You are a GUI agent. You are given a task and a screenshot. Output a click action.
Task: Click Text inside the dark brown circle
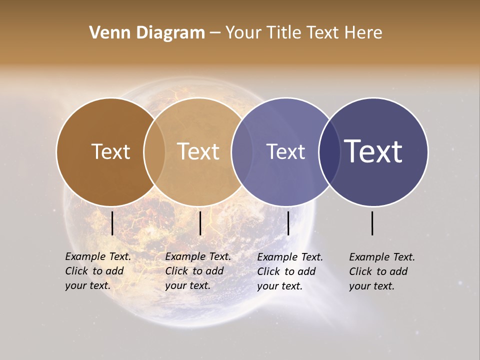(x=110, y=151)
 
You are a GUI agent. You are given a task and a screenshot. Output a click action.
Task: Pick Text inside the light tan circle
(x=198, y=151)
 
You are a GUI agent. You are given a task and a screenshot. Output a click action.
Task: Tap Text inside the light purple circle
(x=285, y=151)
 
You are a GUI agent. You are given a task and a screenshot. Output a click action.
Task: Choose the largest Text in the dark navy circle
(x=373, y=151)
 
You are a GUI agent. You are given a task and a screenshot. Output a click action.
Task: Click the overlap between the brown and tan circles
(x=154, y=151)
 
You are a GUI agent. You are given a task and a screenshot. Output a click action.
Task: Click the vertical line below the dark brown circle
(x=112, y=223)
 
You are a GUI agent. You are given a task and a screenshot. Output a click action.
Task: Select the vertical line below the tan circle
(x=200, y=223)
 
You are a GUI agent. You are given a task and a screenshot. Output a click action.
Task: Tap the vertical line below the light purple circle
(x=288, y=223)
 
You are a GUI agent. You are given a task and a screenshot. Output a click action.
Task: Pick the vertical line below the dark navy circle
(x=372, y=223)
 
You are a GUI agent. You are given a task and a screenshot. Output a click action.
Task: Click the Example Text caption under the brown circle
(x=98, y=271)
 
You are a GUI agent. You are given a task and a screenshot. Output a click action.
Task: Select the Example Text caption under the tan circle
(x=198, y=271)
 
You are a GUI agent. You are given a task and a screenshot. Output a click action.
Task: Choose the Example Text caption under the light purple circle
(x=290, y=271)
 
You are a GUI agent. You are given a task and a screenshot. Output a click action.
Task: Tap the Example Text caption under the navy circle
(x=382, y=271)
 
